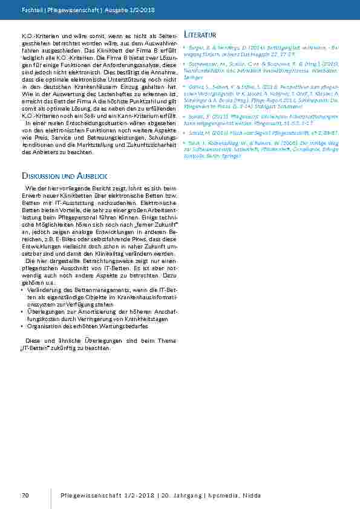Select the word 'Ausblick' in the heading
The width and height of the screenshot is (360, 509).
(91, 175)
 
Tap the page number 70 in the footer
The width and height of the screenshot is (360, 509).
(25, 496)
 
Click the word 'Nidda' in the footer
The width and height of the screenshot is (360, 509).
(250, 496)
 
